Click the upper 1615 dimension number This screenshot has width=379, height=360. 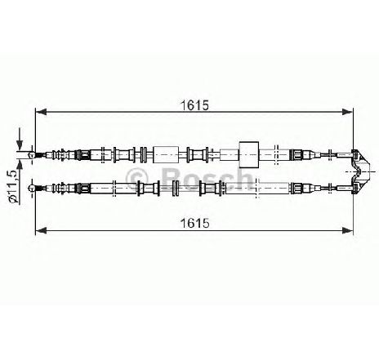coord(195,105)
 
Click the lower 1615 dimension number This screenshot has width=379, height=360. coord(195,224)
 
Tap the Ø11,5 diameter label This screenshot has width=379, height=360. coord(13,186)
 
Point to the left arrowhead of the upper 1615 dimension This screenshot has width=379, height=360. coord(41,112)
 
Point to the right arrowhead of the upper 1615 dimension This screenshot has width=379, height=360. coord(347,112)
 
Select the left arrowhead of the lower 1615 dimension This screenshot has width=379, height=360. coord(41,231)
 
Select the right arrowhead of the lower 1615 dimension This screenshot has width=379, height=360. coord(347,231)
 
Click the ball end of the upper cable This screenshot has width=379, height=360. coord(32,155)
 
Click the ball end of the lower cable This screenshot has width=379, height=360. coord(32,188)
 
